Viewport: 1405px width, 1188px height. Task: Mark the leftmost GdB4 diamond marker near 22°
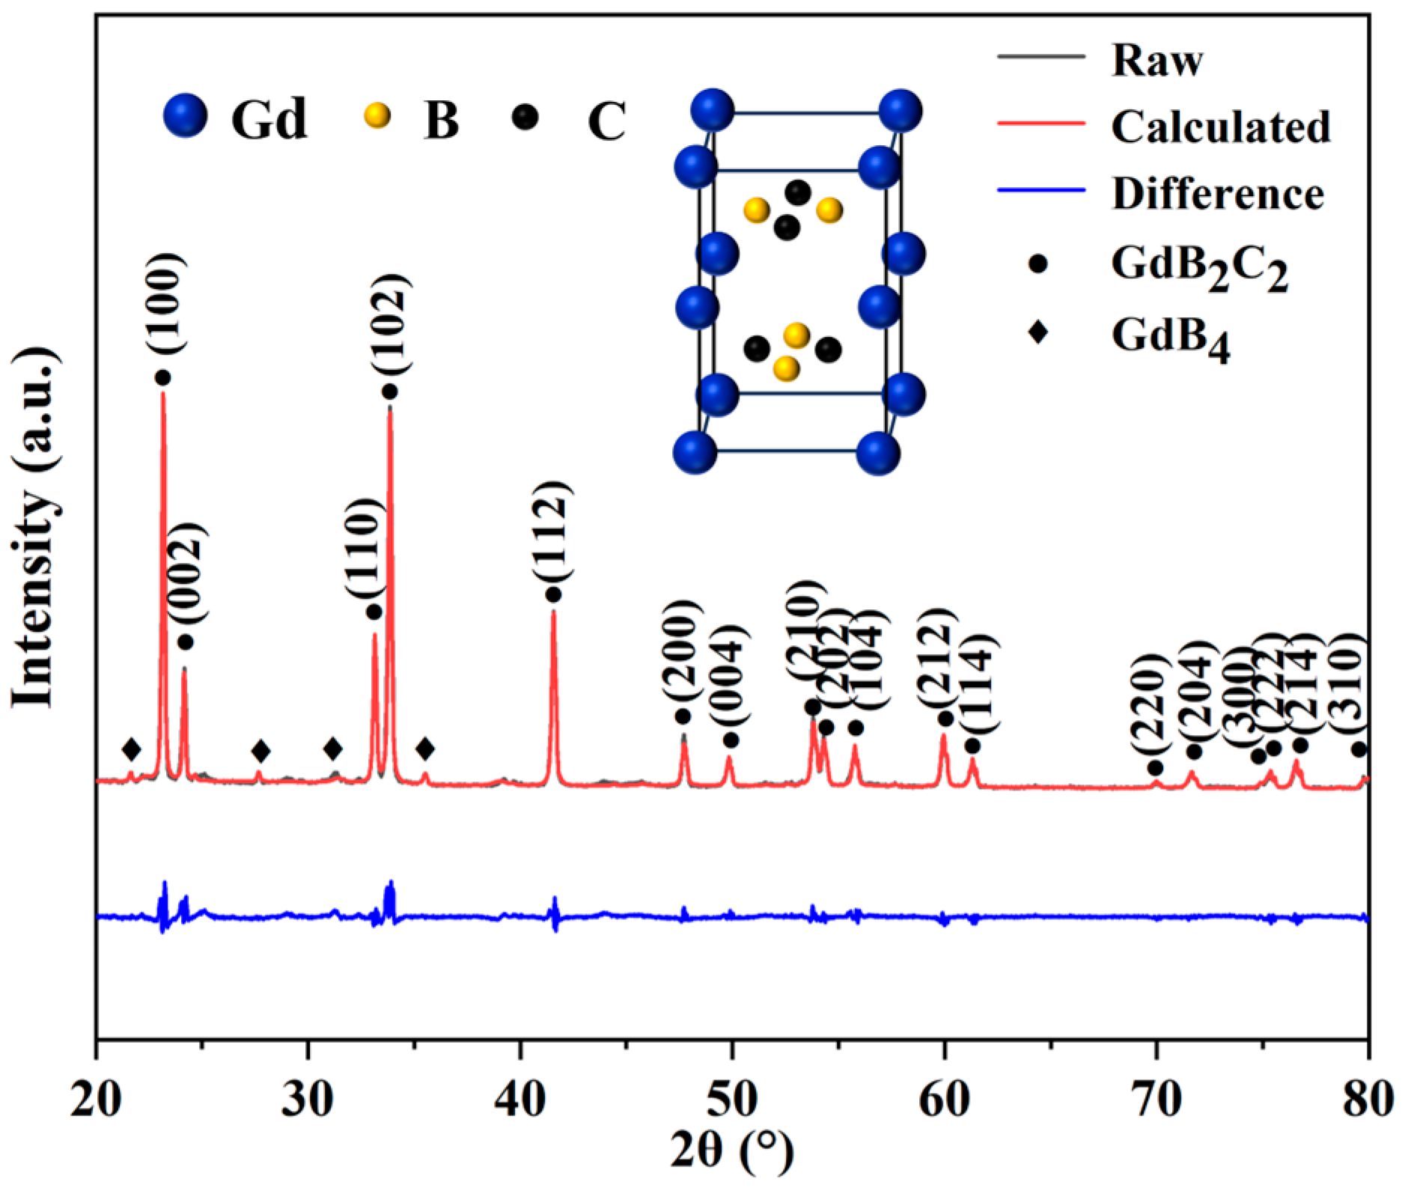tap(131, 749)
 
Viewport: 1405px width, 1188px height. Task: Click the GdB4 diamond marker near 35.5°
tap(425, 749)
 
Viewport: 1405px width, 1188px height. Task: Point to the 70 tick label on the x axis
tap(1156, 1100)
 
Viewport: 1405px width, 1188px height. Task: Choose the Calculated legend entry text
tap(1221, 126)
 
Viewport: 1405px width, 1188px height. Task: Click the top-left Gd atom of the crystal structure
tap(712, 111)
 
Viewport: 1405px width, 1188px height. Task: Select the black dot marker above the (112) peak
tap(553, 594)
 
